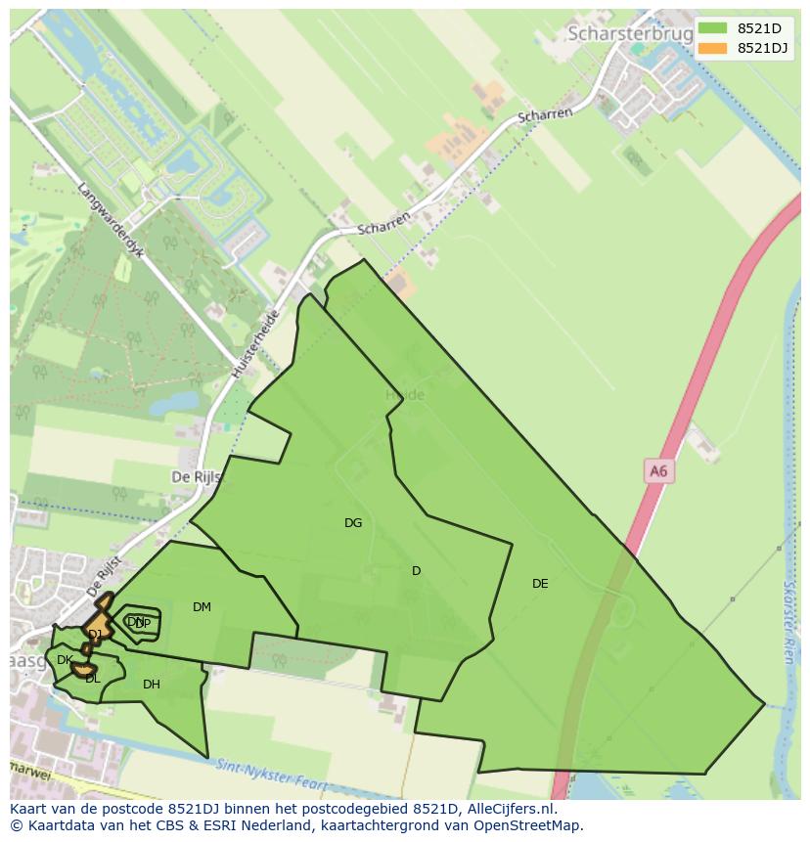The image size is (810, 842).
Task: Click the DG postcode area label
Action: click(x=353, y=523)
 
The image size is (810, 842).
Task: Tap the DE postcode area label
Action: click(x=540, y=584)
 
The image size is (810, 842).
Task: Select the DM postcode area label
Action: click(x=202, y=607)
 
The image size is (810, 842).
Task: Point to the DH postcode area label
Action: click(x=151, y=685)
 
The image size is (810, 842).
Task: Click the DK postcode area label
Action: click(x=64, y=660)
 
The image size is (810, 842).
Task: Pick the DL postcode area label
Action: click(x=92, y=679)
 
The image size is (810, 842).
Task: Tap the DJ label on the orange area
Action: click(x=95, y=635)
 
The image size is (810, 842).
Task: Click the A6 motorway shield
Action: click(x=658, y=471)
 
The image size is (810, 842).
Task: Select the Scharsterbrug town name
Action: click(x=630, y=33)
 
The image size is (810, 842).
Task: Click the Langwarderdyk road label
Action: click(x=111, y=220)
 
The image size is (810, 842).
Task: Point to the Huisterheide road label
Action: click(x=256, y=345)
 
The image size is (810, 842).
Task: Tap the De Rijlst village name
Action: click(x=197, y=477)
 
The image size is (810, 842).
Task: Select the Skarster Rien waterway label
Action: click(x=788, y=622)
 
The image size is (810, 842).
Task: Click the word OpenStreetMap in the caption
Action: click(x=532, y=825)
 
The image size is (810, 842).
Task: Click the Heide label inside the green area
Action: click(x=405, y=395)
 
